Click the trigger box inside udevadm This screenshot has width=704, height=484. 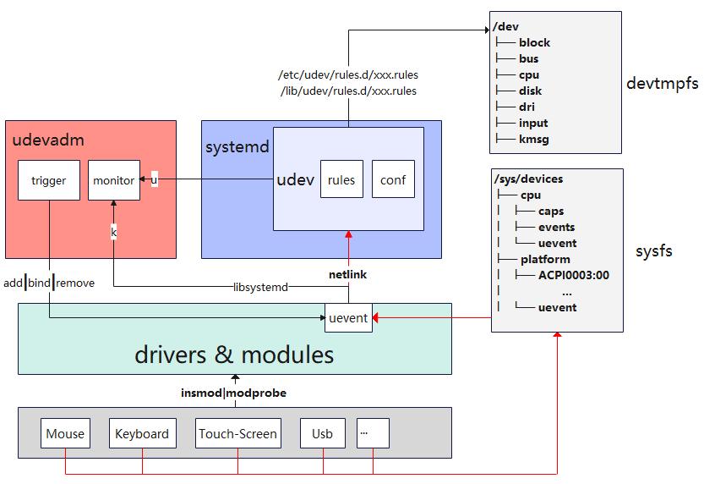point(49,180)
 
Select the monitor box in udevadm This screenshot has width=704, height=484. point(113,180)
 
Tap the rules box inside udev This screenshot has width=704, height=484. point(341,180)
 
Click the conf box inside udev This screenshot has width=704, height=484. point(393,180)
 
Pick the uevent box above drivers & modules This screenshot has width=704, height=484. point(348,318)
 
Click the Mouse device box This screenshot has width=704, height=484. point(65,434)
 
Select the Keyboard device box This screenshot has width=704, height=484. point(142,434)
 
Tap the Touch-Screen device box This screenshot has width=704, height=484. point(237,434)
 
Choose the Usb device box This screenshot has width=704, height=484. point(322,434)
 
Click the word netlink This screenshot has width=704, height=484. point(348,275)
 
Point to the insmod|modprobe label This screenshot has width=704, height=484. point(233,393)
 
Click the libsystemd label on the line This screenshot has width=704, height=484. point(261,287)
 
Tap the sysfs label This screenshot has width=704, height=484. point(653,251)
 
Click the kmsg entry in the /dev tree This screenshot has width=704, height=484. point(533,139)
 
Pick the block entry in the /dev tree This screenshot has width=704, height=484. point(534,42)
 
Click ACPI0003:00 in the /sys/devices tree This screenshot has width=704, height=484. point(573,275)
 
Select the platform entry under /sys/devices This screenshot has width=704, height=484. point(545,259)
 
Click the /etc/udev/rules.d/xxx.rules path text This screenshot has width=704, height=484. point(347,74)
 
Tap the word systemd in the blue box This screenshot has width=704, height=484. point(237,147)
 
